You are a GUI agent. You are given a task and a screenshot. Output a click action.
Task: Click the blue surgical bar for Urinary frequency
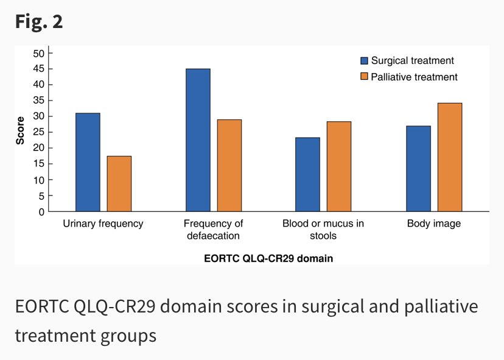click(x=88, y=163)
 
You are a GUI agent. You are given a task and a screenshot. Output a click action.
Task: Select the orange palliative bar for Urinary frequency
click(x=119, y=184)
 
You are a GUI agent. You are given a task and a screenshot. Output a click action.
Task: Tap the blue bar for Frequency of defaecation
click(x=198, y=140)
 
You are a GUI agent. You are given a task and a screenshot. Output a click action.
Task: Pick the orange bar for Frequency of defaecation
click(x=229, y=166)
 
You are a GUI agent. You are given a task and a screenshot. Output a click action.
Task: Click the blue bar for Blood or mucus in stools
click(x=307, y=175)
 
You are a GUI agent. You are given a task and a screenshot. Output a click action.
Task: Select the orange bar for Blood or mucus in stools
click(x=339, y=167)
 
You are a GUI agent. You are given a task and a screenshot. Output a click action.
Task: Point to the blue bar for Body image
click(x=418, y=169)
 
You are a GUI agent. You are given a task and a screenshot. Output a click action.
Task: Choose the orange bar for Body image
click(x=450, y=158)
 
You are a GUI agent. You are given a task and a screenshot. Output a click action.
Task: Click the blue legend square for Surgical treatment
click(x=365, y=61)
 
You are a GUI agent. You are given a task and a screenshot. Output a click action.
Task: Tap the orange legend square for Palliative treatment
click(x=365, y=77)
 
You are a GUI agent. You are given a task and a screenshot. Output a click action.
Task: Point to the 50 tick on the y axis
click(x=39, y=53)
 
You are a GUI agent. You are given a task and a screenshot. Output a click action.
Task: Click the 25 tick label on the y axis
click(x=39, y=132)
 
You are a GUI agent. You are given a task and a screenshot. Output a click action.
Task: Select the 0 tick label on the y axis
click(x=41, y=212)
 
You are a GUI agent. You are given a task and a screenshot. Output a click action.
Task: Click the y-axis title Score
click(x=20, y=130)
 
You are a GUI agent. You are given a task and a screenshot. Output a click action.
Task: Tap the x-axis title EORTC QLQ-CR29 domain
click(x=268, y=258)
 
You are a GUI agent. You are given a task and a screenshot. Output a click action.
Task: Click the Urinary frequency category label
click(x=103, y=224)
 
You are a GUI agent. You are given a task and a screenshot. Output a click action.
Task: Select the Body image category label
click(x=433, y=224)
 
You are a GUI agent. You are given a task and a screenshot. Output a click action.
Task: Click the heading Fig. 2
click(x=38, y=22)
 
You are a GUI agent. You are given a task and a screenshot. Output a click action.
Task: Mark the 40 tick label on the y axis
click(x=39, y=85)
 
